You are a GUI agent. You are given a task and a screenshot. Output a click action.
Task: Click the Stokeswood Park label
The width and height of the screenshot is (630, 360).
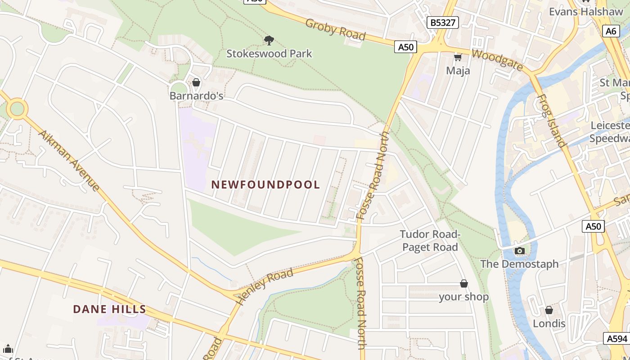point(269,54)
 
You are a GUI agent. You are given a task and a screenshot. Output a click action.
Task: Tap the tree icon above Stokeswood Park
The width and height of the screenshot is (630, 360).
point(269,40)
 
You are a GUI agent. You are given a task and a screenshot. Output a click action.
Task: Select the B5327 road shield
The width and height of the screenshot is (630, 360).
point(443,22)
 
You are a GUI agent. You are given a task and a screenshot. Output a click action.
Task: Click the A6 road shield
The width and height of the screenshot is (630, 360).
point(611,31)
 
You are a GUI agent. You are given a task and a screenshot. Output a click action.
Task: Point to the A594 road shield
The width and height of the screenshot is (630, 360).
point(616,338)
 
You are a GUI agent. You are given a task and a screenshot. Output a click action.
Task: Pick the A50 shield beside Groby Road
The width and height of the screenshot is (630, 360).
point(405,47)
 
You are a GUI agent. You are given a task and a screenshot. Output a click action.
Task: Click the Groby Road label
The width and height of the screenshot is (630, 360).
point(335,30)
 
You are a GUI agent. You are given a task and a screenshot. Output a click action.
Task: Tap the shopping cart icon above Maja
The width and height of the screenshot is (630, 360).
point(458,57)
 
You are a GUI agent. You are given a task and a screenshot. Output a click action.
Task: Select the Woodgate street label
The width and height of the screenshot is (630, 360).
point(497,60)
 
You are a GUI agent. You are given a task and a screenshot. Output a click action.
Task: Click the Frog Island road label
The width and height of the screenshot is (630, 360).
point(551,121)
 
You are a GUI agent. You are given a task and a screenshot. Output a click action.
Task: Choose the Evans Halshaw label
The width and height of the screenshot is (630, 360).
point(586,12)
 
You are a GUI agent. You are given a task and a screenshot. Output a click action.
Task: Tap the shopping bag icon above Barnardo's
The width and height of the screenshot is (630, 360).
point(196,82)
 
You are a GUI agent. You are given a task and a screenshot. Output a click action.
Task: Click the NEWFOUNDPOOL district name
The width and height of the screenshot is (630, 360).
point(265,184)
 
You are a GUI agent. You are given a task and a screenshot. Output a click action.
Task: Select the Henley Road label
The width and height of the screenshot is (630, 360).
point(265,286)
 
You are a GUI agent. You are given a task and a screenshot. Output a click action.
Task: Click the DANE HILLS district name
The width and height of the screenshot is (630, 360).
point(109,309)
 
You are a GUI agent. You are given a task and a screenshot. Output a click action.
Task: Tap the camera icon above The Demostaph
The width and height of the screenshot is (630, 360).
point(519,251)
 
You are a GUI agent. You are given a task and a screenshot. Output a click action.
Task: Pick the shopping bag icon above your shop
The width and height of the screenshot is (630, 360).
point(464,283)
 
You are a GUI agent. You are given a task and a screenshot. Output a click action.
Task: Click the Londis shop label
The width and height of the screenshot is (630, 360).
point(549,324)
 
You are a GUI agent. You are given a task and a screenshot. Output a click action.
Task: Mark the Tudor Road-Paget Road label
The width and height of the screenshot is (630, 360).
point(430,241)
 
